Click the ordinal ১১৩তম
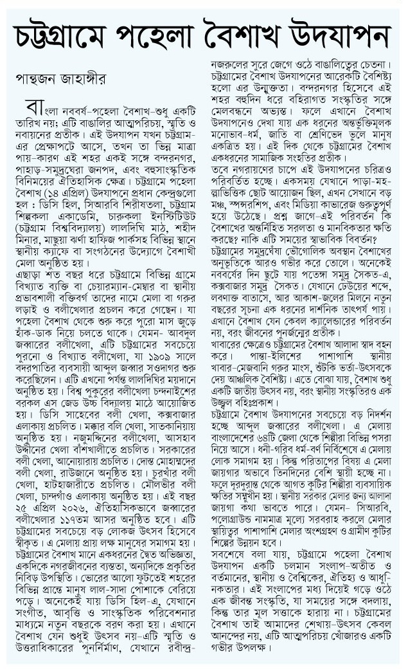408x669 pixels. [x=87, y=518]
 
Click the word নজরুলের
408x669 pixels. [x=233, y=64]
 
